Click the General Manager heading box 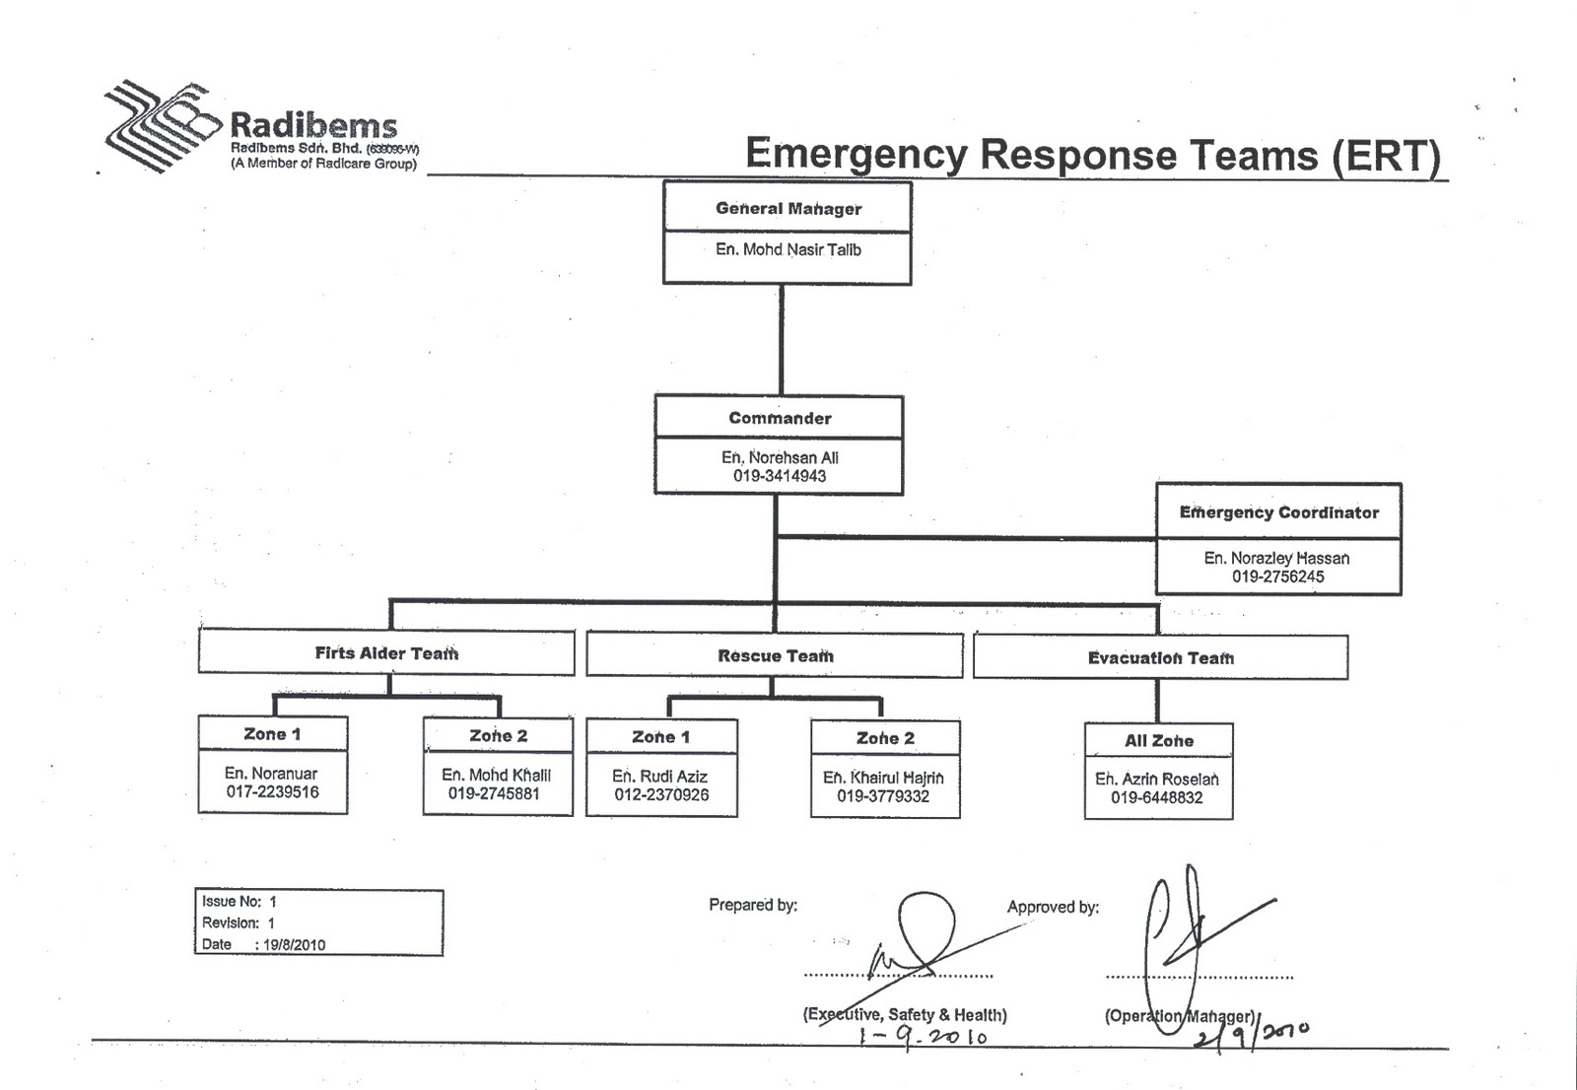click(x=788, y=208)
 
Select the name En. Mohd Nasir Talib click(x=788, y=250)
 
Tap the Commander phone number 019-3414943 click(x=779, y=476)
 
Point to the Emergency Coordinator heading click(x=1278, y=512)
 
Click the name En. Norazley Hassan click(x=1276, y=558)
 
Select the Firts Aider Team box click(x=386, y=653)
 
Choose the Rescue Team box click(x=775, y=655)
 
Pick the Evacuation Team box click(x=1160, y=657)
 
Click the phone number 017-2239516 click(x=272, y=792)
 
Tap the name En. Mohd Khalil click(x=496, y=775)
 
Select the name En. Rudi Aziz click(x=660, y=777)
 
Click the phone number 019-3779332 click(x=883, y=796)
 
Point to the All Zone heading click(x=1158, y=741)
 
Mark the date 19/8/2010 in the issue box click(x=294, y=944)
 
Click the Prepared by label click(x=753, y=905)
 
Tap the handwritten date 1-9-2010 click(x=923, y=1038)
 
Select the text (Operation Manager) click(x=1180, y=1016)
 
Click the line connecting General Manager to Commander click(x=782, y=340)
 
